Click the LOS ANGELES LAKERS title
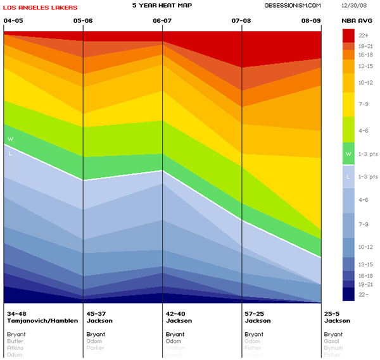click(41, 8)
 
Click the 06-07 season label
click(163, 21)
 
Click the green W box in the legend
click(348, 152)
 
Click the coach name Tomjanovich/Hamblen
click(42, 321)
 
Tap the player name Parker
click(96, 349)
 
